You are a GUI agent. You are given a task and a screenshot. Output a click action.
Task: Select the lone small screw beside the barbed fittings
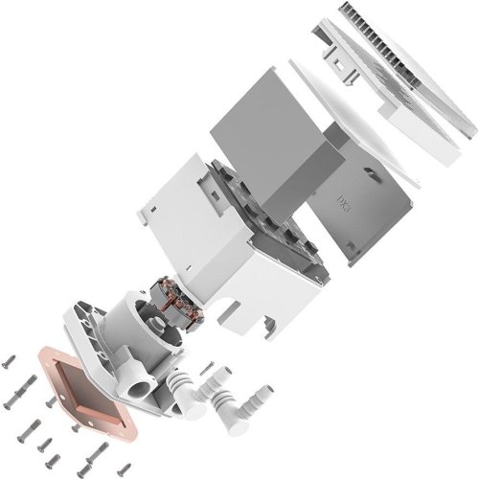click(207, 366)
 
